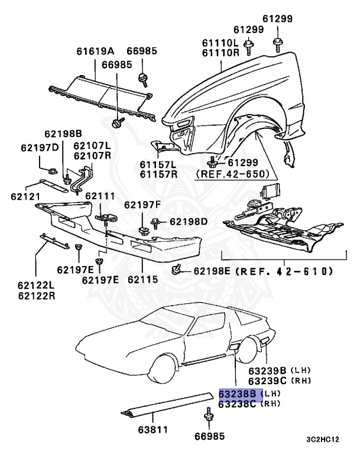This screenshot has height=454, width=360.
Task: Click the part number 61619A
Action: [95, 51]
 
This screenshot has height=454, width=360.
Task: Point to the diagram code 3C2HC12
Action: [323, 439]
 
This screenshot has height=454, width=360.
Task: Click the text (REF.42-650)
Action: [233, 174]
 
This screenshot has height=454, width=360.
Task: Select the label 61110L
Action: [219, 43]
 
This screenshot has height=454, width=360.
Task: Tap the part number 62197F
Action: [142, 205]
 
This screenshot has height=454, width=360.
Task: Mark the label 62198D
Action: [189, 222]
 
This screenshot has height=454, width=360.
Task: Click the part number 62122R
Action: [36, 296]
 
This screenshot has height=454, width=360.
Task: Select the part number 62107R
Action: [92, 155]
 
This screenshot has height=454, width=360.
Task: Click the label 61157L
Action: [158, 164]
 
